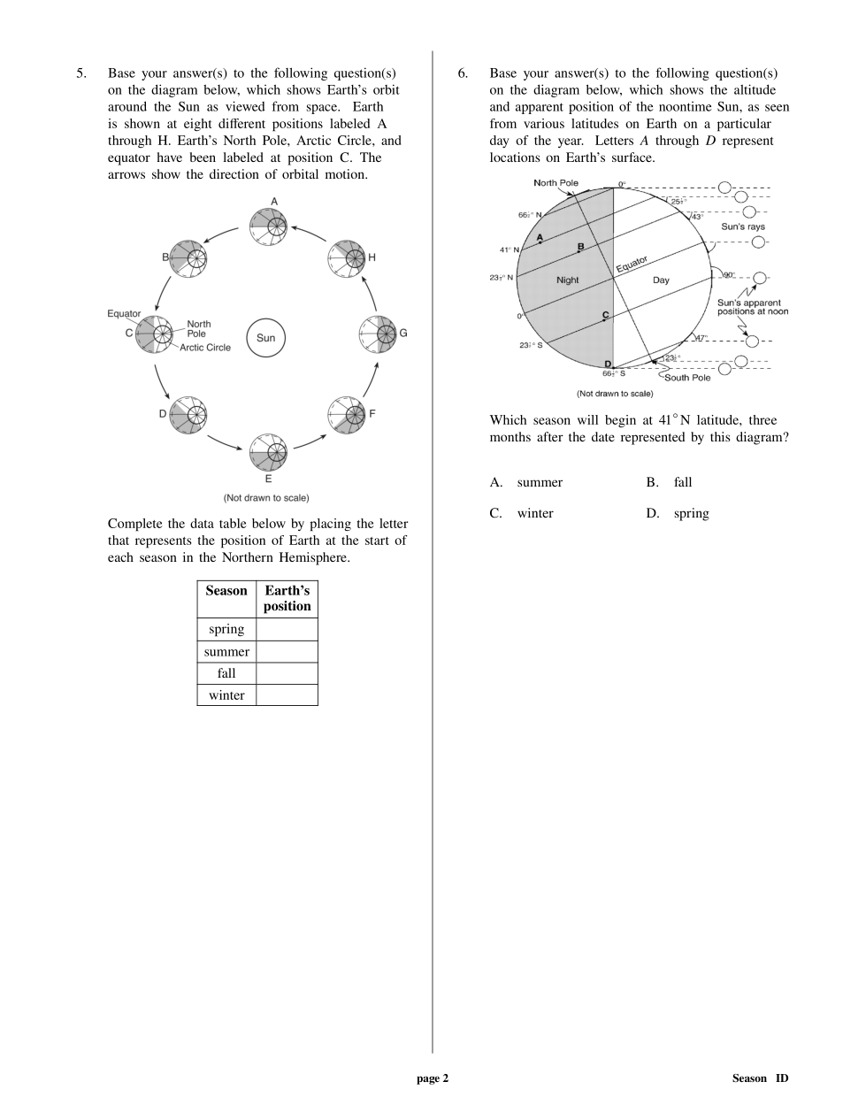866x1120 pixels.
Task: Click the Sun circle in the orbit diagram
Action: (265, 338)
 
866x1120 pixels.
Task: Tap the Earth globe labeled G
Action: (379, 334)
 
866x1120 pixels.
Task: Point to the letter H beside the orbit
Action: (372, 257)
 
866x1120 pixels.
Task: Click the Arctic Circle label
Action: (205, 348)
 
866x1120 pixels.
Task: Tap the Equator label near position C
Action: (124, 314)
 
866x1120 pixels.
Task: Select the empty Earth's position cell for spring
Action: (287, 629)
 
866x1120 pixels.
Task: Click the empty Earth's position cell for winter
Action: (287, 695)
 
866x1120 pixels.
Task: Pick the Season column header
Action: (226, 591)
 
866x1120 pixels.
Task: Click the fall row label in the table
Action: (226, 673)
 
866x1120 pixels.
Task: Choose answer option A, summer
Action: (540, 482)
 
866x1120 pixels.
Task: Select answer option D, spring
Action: (691, 513)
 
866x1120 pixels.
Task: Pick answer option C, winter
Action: (535, 513)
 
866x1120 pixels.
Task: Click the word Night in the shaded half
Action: (568, 280)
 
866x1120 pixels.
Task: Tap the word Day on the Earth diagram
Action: (661, 280)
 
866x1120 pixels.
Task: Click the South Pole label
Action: (687, 378)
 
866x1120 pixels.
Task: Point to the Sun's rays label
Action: (743, 227)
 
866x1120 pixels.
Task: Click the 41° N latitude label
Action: (509, 250)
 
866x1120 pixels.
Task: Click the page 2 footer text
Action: (433, 1078)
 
